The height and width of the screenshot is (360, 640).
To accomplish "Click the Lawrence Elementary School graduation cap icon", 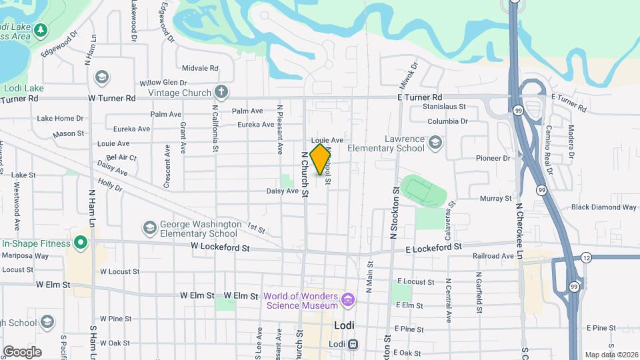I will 435,142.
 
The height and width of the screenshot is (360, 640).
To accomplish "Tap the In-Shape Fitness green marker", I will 81,243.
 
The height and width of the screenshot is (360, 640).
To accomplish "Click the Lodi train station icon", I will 353,345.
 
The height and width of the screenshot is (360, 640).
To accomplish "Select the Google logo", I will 22,351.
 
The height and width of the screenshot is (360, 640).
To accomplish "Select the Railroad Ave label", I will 493,256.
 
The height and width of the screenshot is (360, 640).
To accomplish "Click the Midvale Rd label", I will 200,68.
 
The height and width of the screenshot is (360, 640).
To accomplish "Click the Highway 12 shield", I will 585,257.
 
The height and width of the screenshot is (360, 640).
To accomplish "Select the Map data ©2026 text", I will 610,355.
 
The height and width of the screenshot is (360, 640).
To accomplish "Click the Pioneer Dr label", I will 493,159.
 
